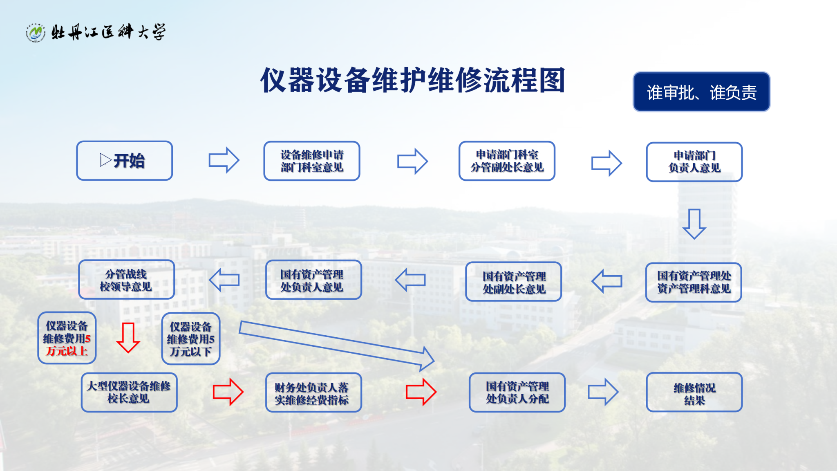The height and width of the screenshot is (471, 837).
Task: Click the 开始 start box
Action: (124, 161)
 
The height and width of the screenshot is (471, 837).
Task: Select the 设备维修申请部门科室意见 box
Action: (311, 161)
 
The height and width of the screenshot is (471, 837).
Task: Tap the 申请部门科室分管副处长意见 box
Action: (507, 161)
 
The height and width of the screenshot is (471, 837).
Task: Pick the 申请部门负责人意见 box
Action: (694, 161)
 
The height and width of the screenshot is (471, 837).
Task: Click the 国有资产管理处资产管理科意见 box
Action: (694, 282)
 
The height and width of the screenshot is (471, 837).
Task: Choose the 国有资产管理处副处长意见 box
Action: (513, 282)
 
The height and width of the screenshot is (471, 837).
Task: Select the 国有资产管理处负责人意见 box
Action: (313, 280)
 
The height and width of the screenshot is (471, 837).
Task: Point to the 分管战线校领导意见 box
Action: (126, 280)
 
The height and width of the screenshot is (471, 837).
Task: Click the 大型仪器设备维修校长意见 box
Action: (129, 392)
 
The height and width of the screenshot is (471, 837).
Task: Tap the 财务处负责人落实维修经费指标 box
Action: (313, 392)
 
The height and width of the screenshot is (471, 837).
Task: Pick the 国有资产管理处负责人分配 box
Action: (517, 392)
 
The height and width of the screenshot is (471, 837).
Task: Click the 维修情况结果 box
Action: (694, 392)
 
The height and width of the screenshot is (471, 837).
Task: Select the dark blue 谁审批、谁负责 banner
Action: (701, 92)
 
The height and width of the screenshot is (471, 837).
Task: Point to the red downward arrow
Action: (128, 337)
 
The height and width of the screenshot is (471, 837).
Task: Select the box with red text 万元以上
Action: (67, 338)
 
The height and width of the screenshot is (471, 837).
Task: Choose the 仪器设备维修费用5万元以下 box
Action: (190, 339)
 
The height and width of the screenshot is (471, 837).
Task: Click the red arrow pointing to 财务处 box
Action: (228, 392)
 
